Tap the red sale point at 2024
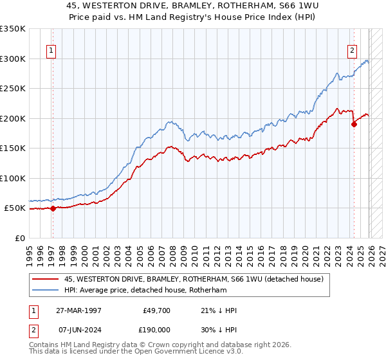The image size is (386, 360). pos(354,125)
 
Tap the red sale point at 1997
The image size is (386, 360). pos(53,208)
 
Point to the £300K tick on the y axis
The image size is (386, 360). pos(13,59)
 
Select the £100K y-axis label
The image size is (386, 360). pos(13,178)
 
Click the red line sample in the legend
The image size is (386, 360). pos(46,279)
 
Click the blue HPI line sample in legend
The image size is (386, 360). pos(46,291)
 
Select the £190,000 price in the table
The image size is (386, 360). pos(156,328)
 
